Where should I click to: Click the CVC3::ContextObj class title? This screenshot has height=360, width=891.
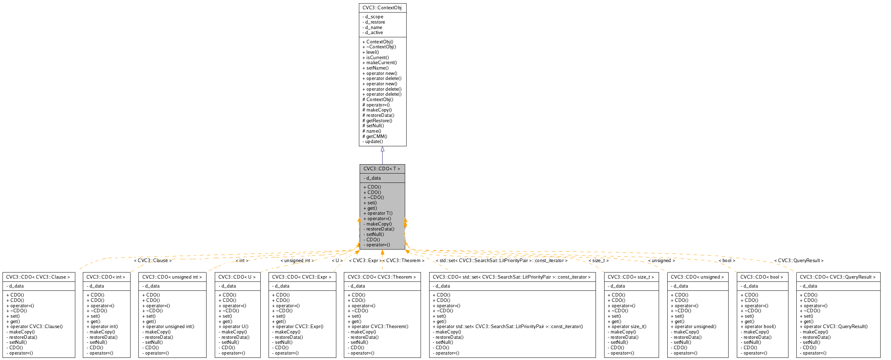382,8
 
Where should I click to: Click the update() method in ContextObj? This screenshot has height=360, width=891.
374,142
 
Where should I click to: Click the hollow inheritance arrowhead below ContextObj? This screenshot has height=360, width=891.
382,149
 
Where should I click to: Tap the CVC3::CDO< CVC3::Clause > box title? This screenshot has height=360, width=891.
38,277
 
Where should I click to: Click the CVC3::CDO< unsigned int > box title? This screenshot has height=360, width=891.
172,277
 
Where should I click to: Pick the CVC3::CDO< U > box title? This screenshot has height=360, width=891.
237,277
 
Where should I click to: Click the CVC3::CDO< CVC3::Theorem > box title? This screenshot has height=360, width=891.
382,277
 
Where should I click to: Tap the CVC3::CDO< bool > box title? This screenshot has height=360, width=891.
762,277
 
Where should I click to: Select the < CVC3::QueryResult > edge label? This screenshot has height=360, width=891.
799,261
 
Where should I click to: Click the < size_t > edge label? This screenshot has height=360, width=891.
598,261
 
